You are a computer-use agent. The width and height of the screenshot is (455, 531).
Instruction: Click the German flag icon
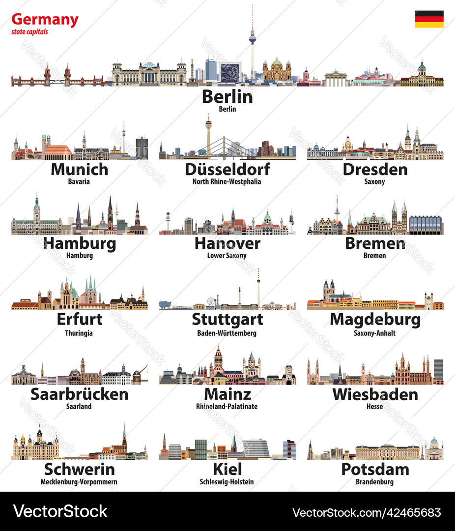click(x=429, y=19)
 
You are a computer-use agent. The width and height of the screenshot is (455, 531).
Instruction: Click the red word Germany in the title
click(x=45, y=20)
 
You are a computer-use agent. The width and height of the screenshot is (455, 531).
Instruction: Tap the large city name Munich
click(x=79, y=169)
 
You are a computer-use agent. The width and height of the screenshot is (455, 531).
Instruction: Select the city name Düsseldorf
click(x=227, y=169)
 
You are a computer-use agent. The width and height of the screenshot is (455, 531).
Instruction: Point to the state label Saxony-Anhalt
click(x=374, y=333)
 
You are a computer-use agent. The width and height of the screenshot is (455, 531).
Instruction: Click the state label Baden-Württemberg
click(x=227, y=333)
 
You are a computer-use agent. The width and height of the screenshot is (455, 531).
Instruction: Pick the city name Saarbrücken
click(x=79, y=394)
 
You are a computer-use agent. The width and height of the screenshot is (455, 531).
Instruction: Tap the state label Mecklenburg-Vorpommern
click(x=79, y=482)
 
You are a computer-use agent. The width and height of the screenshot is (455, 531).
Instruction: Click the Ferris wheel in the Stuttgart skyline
click(x=211, y=301)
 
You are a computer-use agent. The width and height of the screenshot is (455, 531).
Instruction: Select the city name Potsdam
click(x=374, y=469)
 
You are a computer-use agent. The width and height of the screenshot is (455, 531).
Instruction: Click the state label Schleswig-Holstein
click(x=227, y=482)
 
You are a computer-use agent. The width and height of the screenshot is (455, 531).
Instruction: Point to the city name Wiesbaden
click(x=374, y=394)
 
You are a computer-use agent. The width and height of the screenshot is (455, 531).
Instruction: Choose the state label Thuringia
click(x=79, y=333)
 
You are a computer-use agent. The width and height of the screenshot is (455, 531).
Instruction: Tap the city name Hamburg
click(x=79, y=243)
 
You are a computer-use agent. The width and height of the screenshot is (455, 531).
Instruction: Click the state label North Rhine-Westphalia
click(x=227, y=181)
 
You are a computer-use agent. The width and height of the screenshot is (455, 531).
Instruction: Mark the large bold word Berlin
click(x=227, y=96)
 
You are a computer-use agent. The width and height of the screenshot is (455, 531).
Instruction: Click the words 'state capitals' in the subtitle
click(x=30, y=32)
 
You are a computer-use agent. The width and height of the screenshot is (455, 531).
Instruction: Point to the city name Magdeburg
click(x=374, y=320)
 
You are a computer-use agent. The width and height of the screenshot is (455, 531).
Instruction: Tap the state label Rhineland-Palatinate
click(x=227, y=407)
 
